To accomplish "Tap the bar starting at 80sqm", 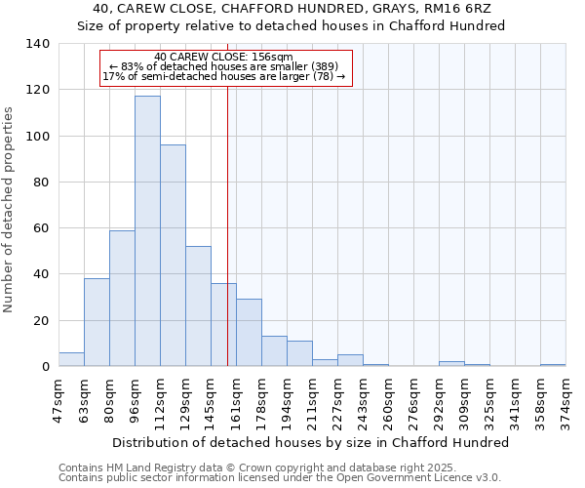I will point(122,299).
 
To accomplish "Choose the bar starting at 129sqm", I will point(198,306).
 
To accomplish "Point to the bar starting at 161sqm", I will point(249,333).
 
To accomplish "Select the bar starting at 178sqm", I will point(274,351).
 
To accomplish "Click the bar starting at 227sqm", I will point(350,360).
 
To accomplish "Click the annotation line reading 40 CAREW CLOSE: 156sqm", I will point(223,58).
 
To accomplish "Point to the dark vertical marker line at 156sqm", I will point(227,244).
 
